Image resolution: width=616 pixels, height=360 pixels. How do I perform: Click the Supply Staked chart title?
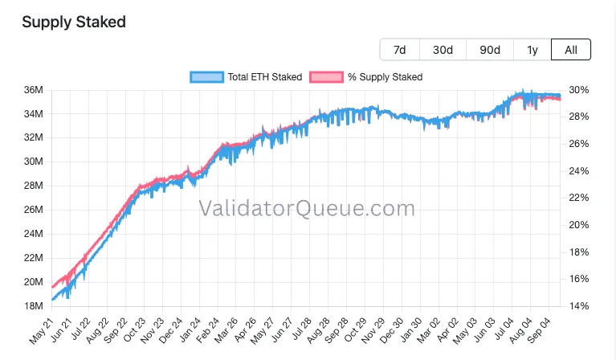(74, 22)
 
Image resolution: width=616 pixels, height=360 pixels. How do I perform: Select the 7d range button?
(399, 50)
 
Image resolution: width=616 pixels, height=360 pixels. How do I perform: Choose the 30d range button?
(443, 50)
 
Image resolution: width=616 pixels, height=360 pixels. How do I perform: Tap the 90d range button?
(490, 50)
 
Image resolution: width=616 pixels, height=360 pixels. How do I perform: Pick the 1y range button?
(532, 50)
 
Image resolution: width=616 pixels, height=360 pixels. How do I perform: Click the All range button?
(571, 50)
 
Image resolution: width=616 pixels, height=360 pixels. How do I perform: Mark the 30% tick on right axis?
(579, 90)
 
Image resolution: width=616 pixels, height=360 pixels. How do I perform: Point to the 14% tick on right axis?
(579, 306)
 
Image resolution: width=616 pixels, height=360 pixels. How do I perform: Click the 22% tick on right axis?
(579, 198)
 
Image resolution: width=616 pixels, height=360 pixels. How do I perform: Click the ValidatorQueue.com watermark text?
(307, 209)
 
